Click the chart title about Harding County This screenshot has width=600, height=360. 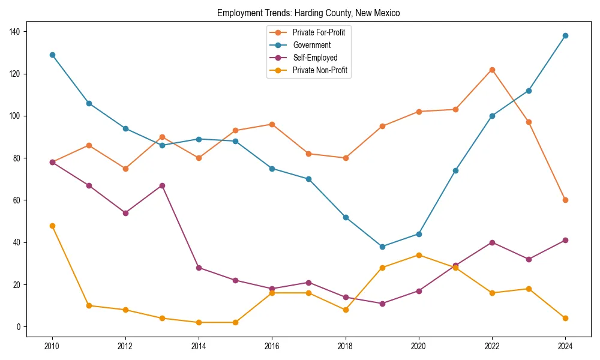308,13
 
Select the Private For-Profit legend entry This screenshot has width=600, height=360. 318,32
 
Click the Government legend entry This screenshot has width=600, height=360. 311,45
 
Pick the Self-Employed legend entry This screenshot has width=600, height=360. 315,58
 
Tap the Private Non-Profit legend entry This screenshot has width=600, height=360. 320,70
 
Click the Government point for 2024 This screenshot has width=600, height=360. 565,35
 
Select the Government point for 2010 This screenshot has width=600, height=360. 52,55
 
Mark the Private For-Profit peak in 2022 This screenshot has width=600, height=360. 492,70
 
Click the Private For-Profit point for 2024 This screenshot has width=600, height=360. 565,200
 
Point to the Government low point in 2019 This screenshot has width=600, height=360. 382,247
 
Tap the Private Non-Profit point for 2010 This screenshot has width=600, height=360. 52,226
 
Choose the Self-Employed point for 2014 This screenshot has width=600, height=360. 199,268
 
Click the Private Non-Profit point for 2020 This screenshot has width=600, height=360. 419,255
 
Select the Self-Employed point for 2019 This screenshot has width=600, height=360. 382,304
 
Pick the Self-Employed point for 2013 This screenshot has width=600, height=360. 162,185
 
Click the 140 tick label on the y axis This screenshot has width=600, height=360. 15,31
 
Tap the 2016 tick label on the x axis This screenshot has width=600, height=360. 272,346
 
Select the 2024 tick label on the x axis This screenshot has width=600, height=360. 565,346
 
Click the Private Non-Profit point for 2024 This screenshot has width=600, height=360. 565,318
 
